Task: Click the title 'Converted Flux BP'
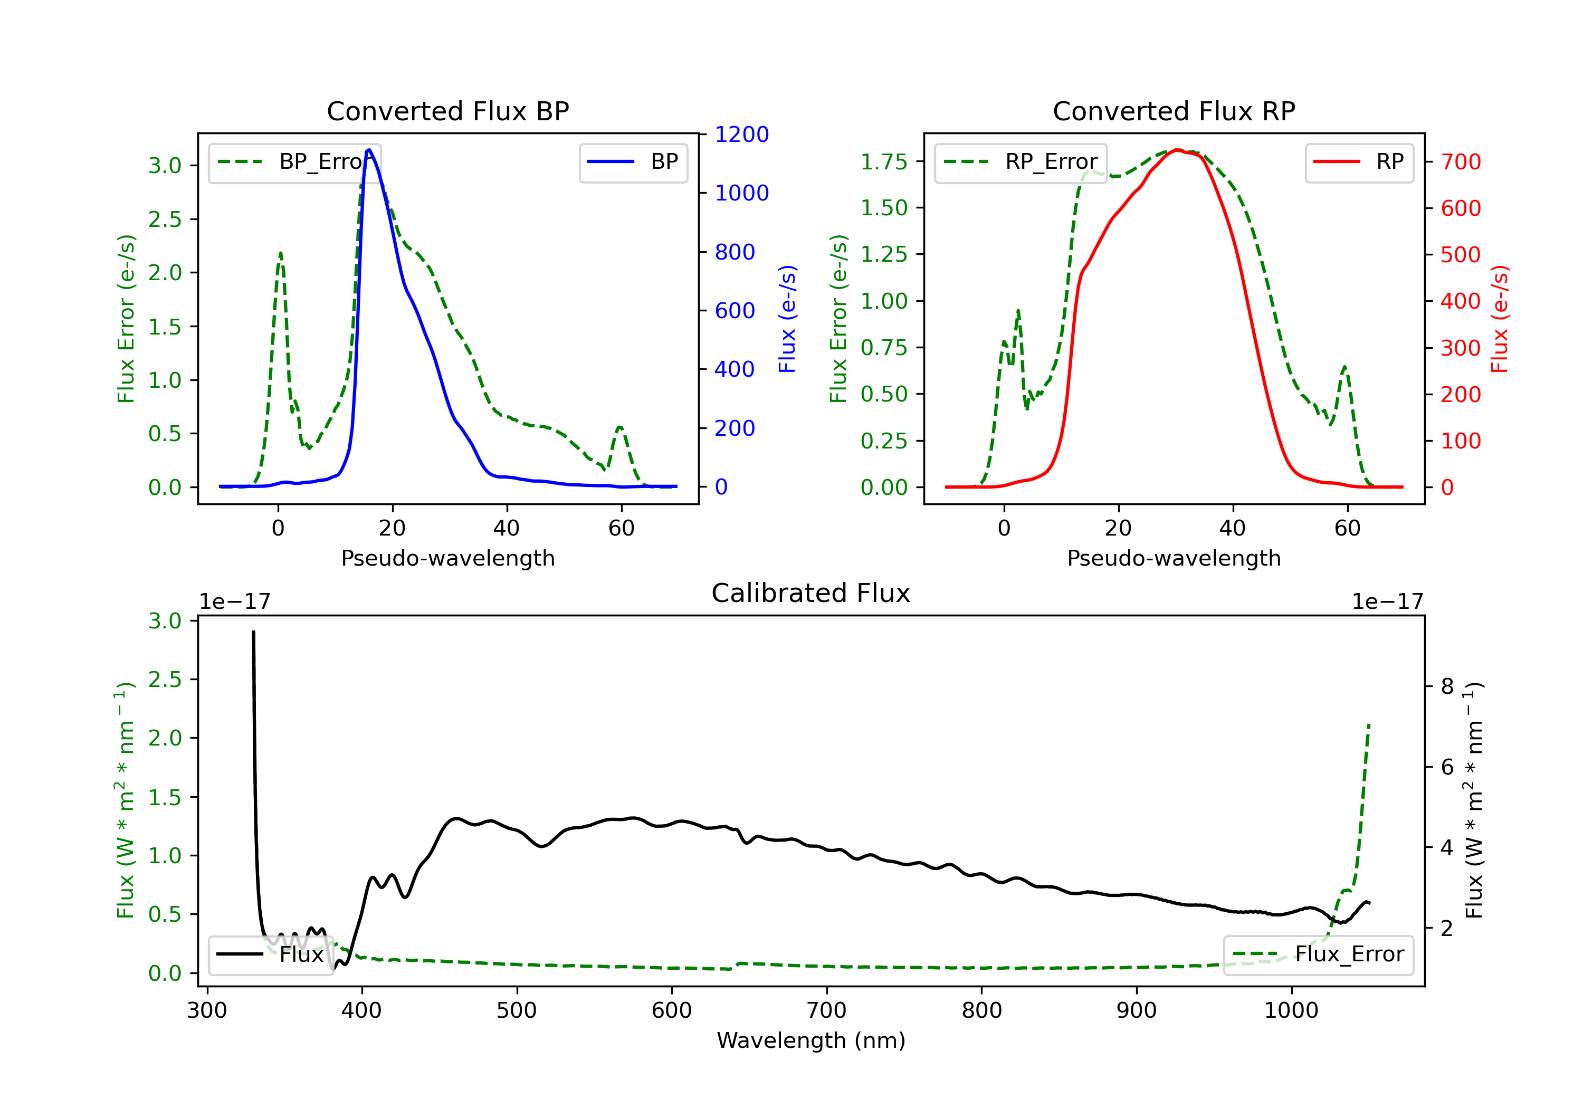click(x=447, y=111)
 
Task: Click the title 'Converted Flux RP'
click(x=1174, y=111)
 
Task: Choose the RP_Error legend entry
click(x=1021, y=162)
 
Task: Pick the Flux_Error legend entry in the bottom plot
click(x=1318, y=954)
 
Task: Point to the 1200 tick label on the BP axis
click(x=741, y=135)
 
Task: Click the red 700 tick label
click(x=1460, y=162)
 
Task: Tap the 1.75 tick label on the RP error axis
click(x=883, y=162)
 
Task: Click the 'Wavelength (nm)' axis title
click(x=811, y=1040)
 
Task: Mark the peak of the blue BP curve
click(x=369, y=150)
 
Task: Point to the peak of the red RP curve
click(x=1178, y=150)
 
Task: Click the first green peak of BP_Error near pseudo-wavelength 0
click(x=280, y=253)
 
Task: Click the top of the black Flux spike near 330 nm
click(x=253, y=632)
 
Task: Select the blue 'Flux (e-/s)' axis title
click(x=787, y=319)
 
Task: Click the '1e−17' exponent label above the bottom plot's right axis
click(x=1387, y=602)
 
